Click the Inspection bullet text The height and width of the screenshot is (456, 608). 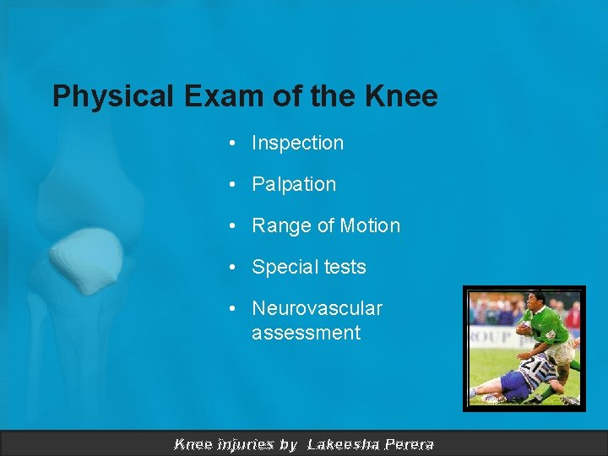coord(297,144)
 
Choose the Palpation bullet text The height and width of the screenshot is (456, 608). coord(294,184)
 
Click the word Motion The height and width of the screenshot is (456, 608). coord(369,225)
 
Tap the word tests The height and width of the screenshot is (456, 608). coord(345,268)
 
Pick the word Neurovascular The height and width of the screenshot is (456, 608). coord(317,309)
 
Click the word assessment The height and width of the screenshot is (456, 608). coord(306,333)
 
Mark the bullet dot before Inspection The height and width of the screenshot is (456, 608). coord(231,144)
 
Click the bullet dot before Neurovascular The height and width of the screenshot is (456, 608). coord(231,309)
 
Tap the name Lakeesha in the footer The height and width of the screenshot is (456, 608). coord(343,444)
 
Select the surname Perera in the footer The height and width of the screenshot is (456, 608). coord(409,444)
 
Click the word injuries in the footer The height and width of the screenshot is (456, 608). coord(245,444)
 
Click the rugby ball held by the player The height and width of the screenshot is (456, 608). coord(524,328)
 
